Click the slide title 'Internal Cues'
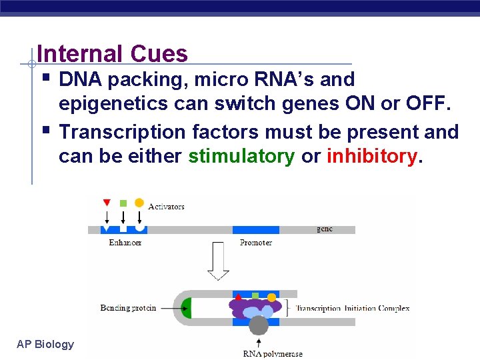[113, 53]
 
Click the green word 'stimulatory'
[241, 156]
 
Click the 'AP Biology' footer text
[45, 344]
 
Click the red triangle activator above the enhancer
[107, 203]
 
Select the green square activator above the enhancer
[123, 203]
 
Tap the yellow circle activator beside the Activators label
[139, 203]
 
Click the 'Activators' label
[166, 207]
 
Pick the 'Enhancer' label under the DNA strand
[125, 243]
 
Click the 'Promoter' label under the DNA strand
[256, 243]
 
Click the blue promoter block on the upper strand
[256, 229]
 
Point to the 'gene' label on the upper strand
[325, 229]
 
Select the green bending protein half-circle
[187, 308]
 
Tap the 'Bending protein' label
[128, 308]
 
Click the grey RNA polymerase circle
[258, 325]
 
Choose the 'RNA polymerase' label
[273, 353]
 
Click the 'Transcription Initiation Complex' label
[352, 309]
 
